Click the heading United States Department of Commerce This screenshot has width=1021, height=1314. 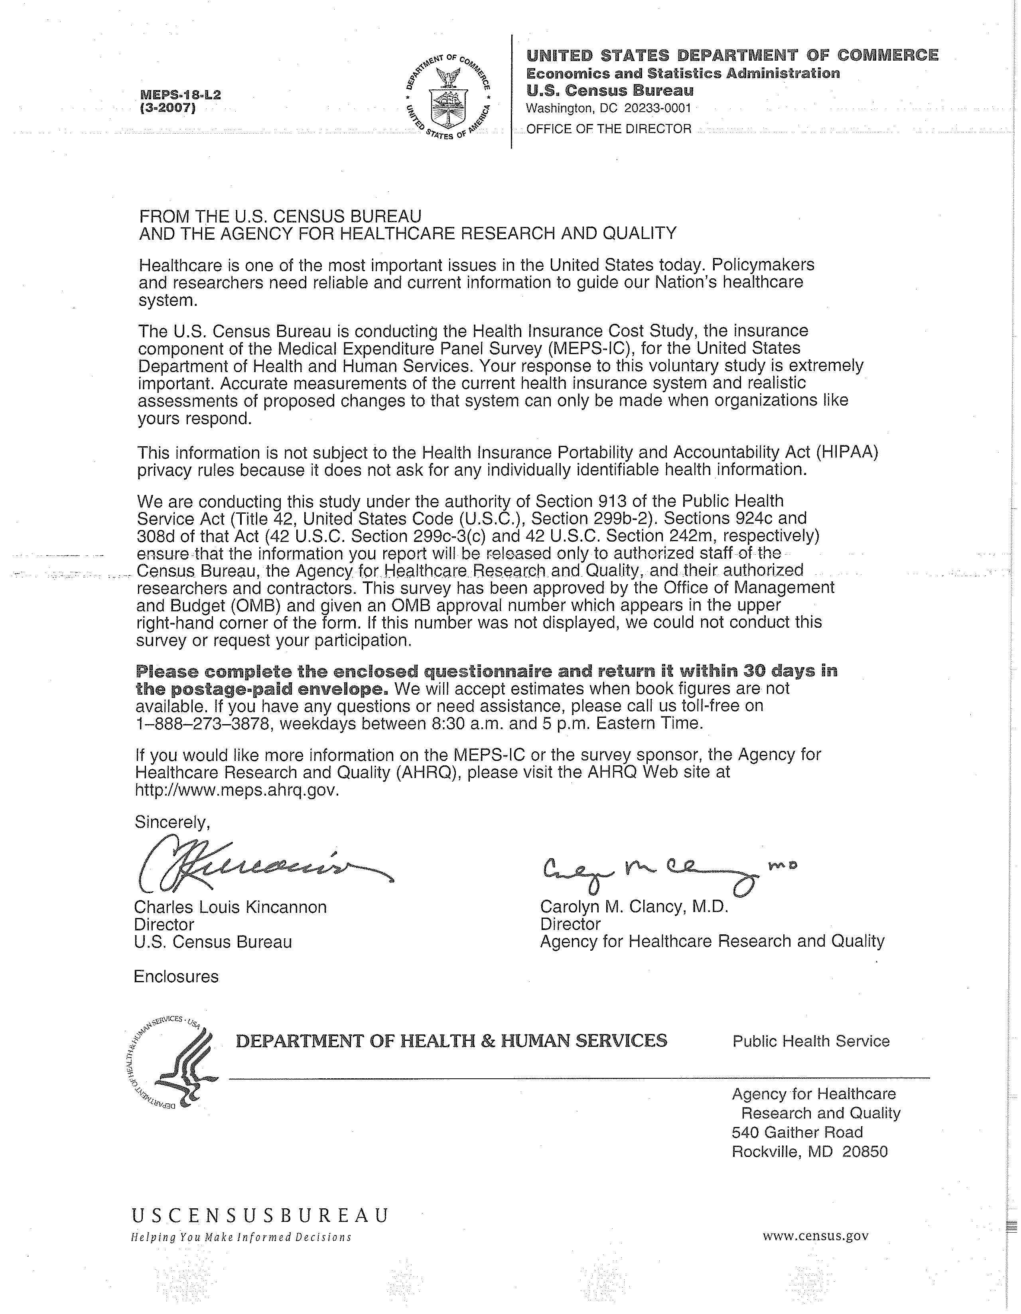tap(731, 56)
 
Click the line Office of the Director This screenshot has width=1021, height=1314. tap(608, 129)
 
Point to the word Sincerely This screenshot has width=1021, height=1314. tap(172, 822)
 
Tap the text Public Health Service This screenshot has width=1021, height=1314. tap(810, 1042)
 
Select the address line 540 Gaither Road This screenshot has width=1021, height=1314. tap(797, 1133)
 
